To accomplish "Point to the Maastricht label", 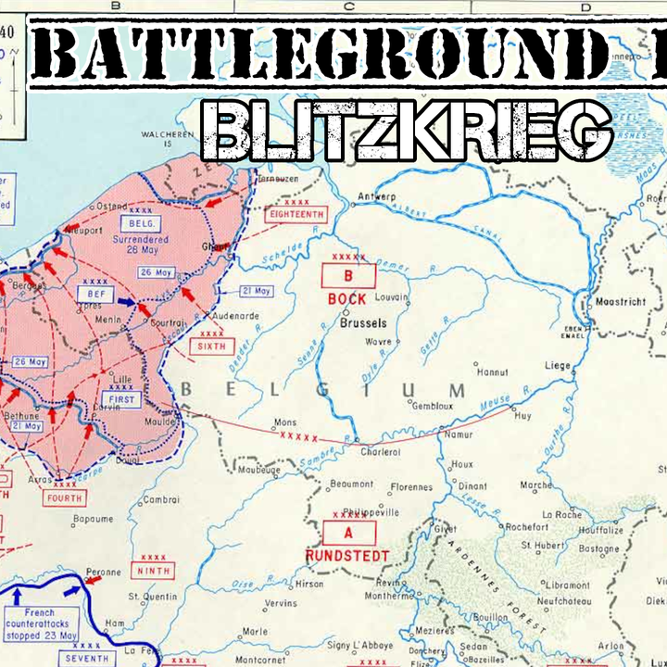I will tap(620, 303).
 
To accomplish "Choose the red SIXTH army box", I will tap(212, 346).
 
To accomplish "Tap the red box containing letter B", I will tap(348, 275).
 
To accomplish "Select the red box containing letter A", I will tap(348, 533).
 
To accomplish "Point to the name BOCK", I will tap(347, 298).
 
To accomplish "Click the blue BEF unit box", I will tap(94, 294).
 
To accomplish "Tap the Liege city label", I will tap(558, 365).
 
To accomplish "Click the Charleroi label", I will tap(381, 451).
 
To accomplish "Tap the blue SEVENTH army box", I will tap(87, 658).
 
